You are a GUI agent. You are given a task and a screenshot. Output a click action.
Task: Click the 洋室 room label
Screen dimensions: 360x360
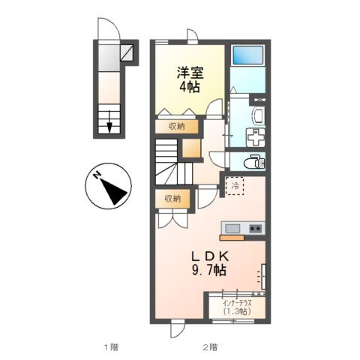pos(190,73)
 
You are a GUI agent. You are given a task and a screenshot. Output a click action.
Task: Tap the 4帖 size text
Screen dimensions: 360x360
pos(190,88)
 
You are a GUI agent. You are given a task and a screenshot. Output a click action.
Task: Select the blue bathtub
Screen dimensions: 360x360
pos(247,55)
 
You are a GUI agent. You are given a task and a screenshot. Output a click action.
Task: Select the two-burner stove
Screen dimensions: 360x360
pos(253,228)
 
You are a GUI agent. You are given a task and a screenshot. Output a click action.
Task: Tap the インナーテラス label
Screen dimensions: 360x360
pos(236,302)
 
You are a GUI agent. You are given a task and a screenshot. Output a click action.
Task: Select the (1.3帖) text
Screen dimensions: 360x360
pos(235,312)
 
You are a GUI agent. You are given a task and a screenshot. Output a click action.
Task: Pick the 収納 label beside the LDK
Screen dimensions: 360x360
pos(172,199)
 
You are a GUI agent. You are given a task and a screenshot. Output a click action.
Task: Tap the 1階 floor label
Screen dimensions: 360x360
pos(110,347)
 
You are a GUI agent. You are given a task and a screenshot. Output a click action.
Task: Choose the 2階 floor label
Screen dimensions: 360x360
pos(209,347)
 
